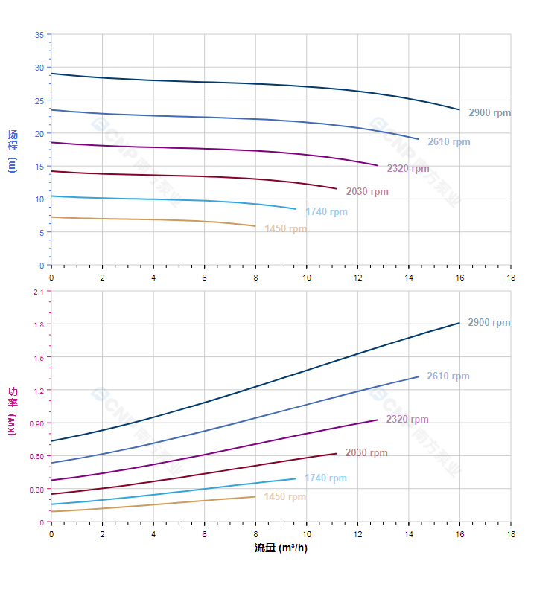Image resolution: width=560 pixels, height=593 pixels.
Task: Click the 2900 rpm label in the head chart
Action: (x=489, y=113)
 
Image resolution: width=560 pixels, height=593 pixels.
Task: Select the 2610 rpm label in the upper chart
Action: (x=448, y=142)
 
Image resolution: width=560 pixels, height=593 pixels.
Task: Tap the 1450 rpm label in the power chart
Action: (x=284, y=497)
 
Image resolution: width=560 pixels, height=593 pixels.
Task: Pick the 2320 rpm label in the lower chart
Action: (x=407, y=420)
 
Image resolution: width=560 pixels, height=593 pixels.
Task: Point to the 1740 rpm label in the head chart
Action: (x=326, y=212)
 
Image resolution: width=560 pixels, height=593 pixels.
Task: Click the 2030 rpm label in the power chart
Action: (x=366, y=453)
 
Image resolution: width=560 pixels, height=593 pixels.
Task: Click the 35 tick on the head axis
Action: (x=39, y=35)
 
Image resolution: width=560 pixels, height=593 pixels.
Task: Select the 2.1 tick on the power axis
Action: (x=38, y=292)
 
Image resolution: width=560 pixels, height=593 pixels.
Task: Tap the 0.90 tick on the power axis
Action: (x=36, y=423)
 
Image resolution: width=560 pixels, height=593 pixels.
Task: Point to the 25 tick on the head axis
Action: (x=39, y=100)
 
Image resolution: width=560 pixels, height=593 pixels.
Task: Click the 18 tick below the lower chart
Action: (x=510, y=534)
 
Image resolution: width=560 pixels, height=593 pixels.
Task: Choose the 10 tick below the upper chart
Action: (x=306, y=278)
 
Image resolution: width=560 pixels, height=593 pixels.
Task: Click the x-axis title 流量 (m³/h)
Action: (x=281, y=548)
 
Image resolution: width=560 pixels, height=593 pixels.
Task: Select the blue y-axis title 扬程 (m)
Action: (x=13, y=150)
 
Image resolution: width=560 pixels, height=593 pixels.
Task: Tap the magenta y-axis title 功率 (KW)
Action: (x=13, y=411)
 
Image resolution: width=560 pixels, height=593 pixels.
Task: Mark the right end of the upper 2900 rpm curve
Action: (x=459, y=109)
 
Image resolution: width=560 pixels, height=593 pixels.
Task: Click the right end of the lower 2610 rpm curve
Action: (x=419, y=376)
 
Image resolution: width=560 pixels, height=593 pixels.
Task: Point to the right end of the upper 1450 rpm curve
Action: (x=255, y=226)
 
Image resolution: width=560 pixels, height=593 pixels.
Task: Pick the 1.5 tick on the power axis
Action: (x=38, y=357)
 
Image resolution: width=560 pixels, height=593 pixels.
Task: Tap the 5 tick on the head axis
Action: (x=41, y=232)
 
